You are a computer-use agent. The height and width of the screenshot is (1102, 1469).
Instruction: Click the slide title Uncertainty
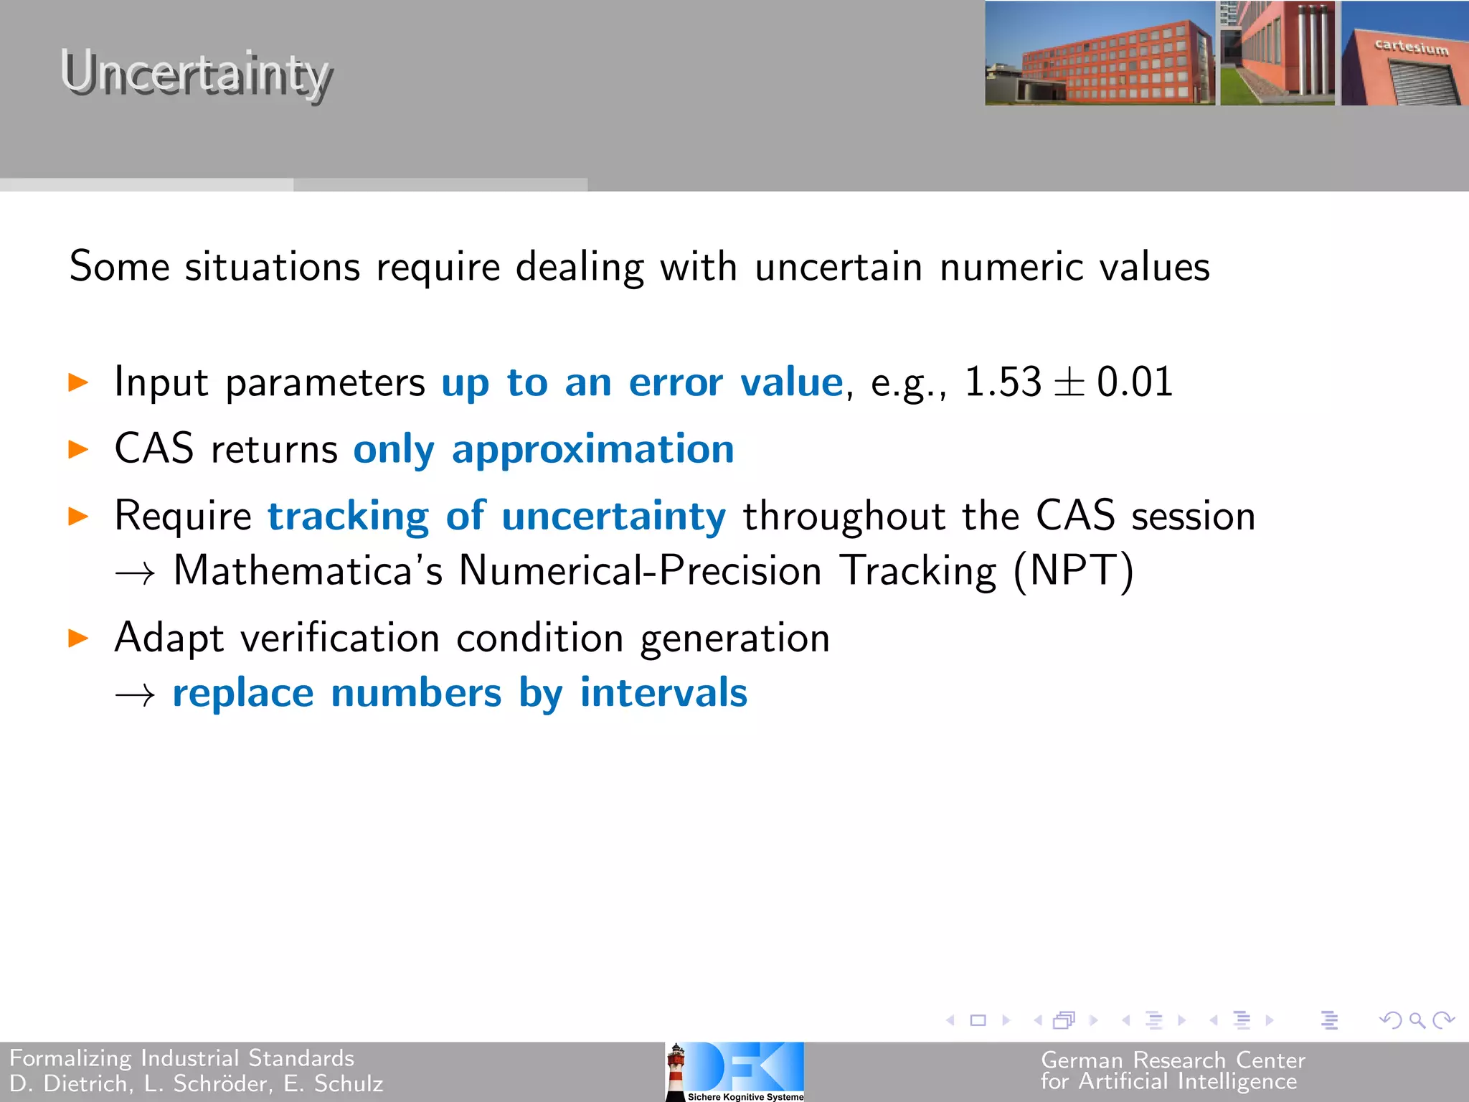pyautogui.click(x=195, y=74)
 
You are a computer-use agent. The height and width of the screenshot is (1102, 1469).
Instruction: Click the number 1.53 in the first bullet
pyautogui.click(x=1002, y=382)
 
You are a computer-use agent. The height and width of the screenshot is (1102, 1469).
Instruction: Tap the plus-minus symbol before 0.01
pyautogui.click(x=1068, y=383)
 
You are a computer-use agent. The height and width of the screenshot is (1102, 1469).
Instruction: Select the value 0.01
pyautogui.click(x=1135, y=382)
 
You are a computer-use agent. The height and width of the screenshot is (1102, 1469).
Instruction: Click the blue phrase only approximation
pyautogui.click(x=544, y=450)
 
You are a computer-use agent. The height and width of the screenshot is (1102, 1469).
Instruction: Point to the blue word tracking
pyautogui.click(x=348, y=517)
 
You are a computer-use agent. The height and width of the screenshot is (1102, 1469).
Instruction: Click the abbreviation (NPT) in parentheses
pyautogui.click(x=1073, y=572)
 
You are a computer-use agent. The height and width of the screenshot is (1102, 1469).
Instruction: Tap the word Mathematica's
pyautogui.click(x=308, y=572)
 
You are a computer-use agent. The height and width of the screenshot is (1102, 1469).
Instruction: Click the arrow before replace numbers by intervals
pyautogui.click(x=135, y=694)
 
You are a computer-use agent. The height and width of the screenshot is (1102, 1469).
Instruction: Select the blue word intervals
pyautogui.click(x=663, y=693)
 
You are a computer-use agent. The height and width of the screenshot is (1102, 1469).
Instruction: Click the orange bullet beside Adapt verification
pyautogui.click(x=78, y=638)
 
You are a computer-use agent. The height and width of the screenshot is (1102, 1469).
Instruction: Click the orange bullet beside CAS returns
pyautogui.click(x=78, y=450)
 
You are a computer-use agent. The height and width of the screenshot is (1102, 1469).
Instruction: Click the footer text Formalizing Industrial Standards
pyautogui.click(x=182, y=1058)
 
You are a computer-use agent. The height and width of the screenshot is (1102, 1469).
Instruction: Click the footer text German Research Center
pyautogui.click(x=1173, y=1060)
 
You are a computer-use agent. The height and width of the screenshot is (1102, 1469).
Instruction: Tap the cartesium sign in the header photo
pyautogui.click(x=1411, y=47)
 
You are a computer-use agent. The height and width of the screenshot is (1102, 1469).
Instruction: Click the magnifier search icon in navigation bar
pyautogui.click(x=1417, y=1019)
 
